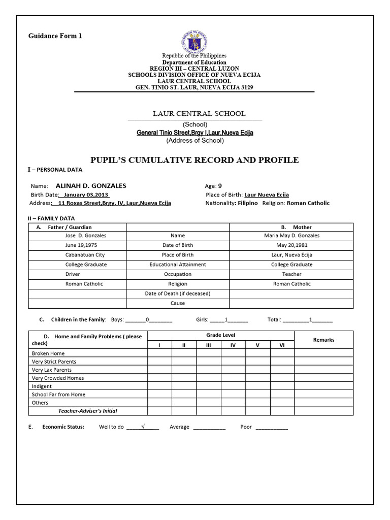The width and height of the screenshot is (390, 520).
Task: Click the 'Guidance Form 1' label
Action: click(x=54, y=36)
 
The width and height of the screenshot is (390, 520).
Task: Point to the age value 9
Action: click(x=220, y=186)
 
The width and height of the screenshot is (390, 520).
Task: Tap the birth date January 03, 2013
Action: click(x=84, y=194)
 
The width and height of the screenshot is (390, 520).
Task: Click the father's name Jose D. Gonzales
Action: click(x=86, y=236)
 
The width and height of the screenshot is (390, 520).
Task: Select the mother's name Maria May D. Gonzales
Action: click(x=292, y=236)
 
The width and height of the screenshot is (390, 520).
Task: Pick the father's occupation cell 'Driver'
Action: click(x=73, y=274)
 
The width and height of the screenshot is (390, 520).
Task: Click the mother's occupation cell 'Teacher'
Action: click(x=292, y=274)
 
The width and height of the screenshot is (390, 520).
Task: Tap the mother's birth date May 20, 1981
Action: click(x=292, y=245)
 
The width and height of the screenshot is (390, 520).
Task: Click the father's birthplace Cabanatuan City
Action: click(x=85, y=255)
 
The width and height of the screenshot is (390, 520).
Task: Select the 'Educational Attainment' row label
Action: click(x=178, y=265)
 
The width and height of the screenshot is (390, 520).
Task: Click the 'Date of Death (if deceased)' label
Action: click(x=178, y=294)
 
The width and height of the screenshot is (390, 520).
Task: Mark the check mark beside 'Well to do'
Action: click(x=143, y=427)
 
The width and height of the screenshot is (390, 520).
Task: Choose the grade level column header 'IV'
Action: click(x=233, y=345)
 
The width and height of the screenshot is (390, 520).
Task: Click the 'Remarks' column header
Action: click(x=323, y=340)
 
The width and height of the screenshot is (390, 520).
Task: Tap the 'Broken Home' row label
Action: click(x=48, y=353)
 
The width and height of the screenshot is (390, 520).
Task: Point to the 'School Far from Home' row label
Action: click(x=58, y=395)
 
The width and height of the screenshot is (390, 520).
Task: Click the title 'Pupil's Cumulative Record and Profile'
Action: click(x=194, y=160)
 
